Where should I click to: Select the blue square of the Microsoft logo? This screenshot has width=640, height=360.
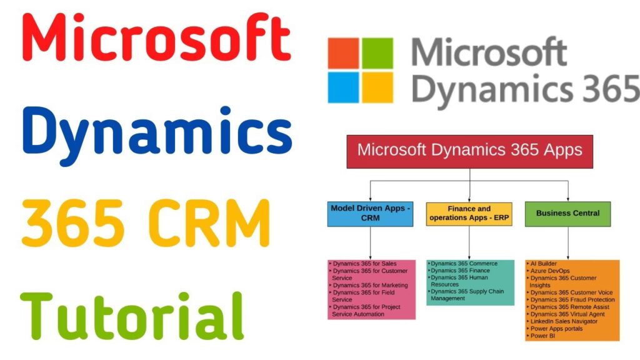tap(344, 87)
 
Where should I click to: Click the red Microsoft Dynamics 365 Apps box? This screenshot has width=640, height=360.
tap(469, 151)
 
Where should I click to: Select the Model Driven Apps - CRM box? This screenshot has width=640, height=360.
tap(371, 213)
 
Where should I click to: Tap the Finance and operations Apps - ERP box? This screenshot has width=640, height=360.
tap(469, 213)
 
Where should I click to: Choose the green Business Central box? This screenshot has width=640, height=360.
tap(567, 213)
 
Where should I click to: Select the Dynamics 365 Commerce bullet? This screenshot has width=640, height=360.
tap(464, 264)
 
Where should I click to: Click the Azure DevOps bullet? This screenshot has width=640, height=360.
tap(550, 271)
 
